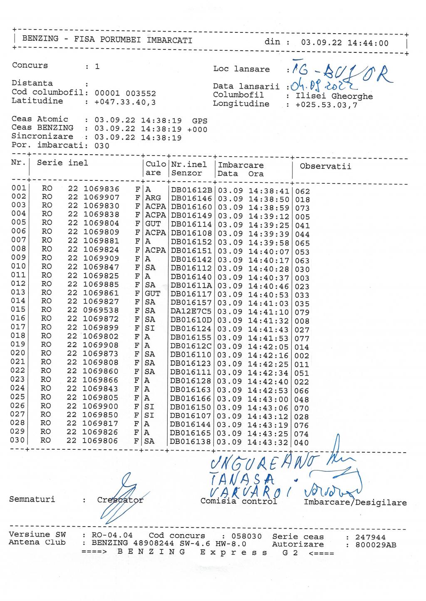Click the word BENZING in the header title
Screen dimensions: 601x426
tap(40, 39)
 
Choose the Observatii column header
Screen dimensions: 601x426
tap(325, 167)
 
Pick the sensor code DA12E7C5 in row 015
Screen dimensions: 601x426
tap(191, 311)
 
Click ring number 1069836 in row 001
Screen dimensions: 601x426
tap(102, 189)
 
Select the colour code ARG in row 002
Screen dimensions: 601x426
tap(153, 198)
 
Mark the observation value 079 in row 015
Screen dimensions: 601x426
tap(302, 312)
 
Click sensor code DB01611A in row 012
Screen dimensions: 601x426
tap(191, 285)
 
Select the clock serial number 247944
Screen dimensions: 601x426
tap(370, 537)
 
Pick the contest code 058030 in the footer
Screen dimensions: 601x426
tap(246, 537)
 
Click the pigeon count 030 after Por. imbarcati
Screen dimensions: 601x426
tap(102, 146)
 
